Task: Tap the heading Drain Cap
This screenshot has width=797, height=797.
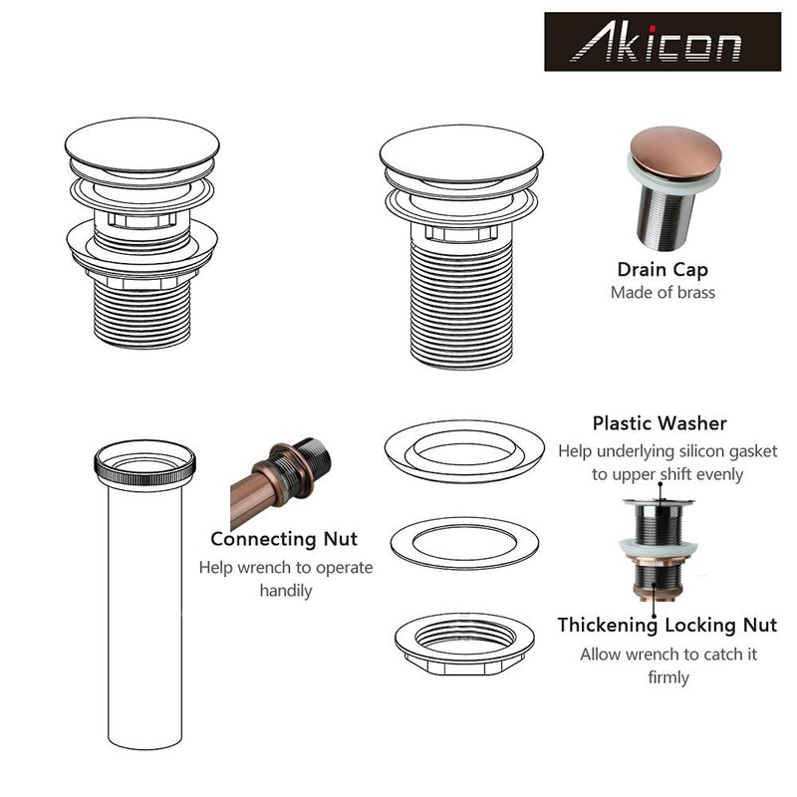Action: (x=663, y=269)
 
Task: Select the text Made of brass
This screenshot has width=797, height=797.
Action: (x=663, y=293)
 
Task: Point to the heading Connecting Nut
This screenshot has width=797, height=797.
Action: (x=284, y=539)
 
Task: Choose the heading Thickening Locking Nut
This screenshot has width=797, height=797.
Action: (x=666, y=626)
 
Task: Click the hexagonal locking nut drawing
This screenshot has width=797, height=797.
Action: (x=464, y=643)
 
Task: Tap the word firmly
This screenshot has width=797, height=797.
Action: (x=667, y=677)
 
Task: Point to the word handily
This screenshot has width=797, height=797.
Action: (x=285, y=591)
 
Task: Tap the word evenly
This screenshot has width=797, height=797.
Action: (x=713, y=474)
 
